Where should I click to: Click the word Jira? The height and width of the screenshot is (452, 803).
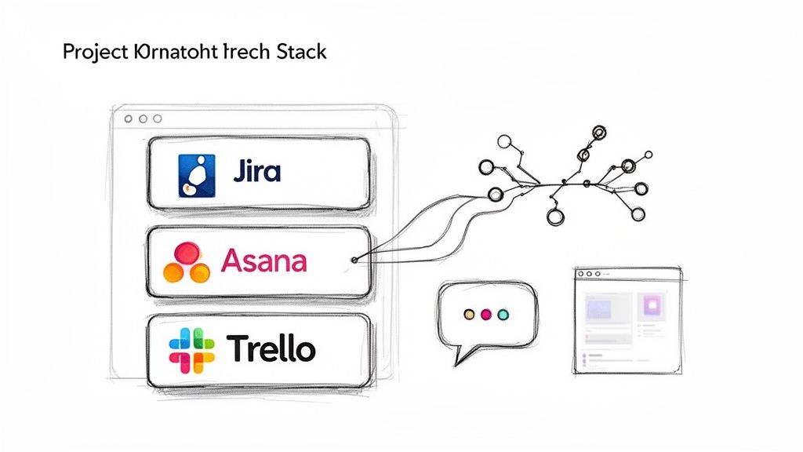[256, 171]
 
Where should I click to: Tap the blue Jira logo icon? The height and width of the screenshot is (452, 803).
[191, 174]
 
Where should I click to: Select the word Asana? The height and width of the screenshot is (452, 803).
[264, 260]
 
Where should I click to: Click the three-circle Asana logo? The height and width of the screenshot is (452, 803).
[186, 262]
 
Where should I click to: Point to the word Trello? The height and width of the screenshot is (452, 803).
[271, 348]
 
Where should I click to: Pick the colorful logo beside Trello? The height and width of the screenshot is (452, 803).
[191, 350]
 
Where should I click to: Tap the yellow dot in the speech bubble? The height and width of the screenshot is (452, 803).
[469, 314]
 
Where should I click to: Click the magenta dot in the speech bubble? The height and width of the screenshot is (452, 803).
[485, 314]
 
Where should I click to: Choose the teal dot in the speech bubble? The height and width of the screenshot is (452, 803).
[503, 314]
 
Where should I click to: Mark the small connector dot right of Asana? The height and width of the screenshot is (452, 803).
[355, 259]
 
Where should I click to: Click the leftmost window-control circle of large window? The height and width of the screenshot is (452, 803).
[128, 118]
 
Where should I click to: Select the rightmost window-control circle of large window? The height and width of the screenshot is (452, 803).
[157, 118]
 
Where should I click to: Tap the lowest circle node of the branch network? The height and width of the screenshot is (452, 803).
[555, 218]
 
